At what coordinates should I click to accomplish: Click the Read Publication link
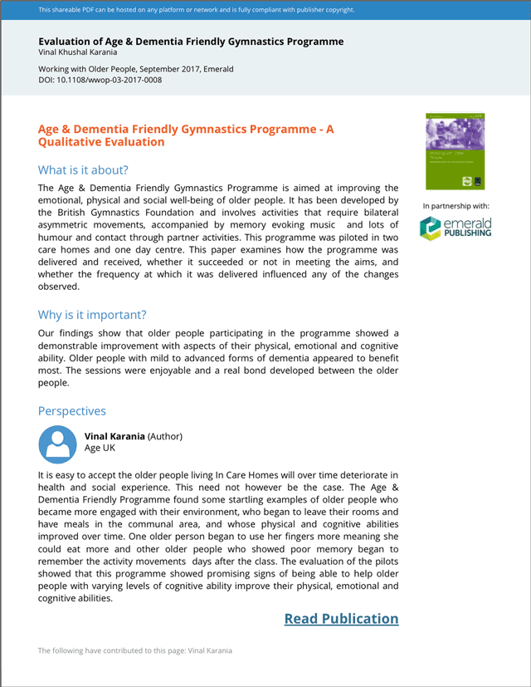tap(341, 619)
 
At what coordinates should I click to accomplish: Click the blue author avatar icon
tap(58, 444)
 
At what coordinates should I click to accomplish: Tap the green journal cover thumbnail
tap(454, 151)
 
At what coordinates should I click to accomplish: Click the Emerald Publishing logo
tap(455, 228)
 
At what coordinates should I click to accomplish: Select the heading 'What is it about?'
tap(83, 170)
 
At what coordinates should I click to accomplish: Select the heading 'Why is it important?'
tap(92, 315)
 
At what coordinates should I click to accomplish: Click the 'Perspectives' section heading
tap(72, 411)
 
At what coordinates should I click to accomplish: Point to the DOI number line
tap(100, 80)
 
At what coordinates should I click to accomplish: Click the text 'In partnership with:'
tap(455, 205)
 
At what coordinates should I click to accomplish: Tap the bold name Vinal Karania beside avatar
tap(115, 436)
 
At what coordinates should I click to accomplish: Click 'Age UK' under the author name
tap(100, 449)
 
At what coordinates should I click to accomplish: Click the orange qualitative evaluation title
tap(186, 135)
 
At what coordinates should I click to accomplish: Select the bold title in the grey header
tap(191, 42)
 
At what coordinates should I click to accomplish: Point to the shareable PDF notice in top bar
tap(197, 10)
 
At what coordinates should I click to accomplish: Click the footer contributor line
tap(135, 650)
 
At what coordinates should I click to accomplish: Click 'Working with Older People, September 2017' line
tap(136, 69)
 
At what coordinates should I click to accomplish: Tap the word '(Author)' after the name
tap(166, 436)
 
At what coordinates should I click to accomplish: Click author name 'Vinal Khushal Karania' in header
tap(78, 52)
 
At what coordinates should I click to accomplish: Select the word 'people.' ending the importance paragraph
tap(55, 383)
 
